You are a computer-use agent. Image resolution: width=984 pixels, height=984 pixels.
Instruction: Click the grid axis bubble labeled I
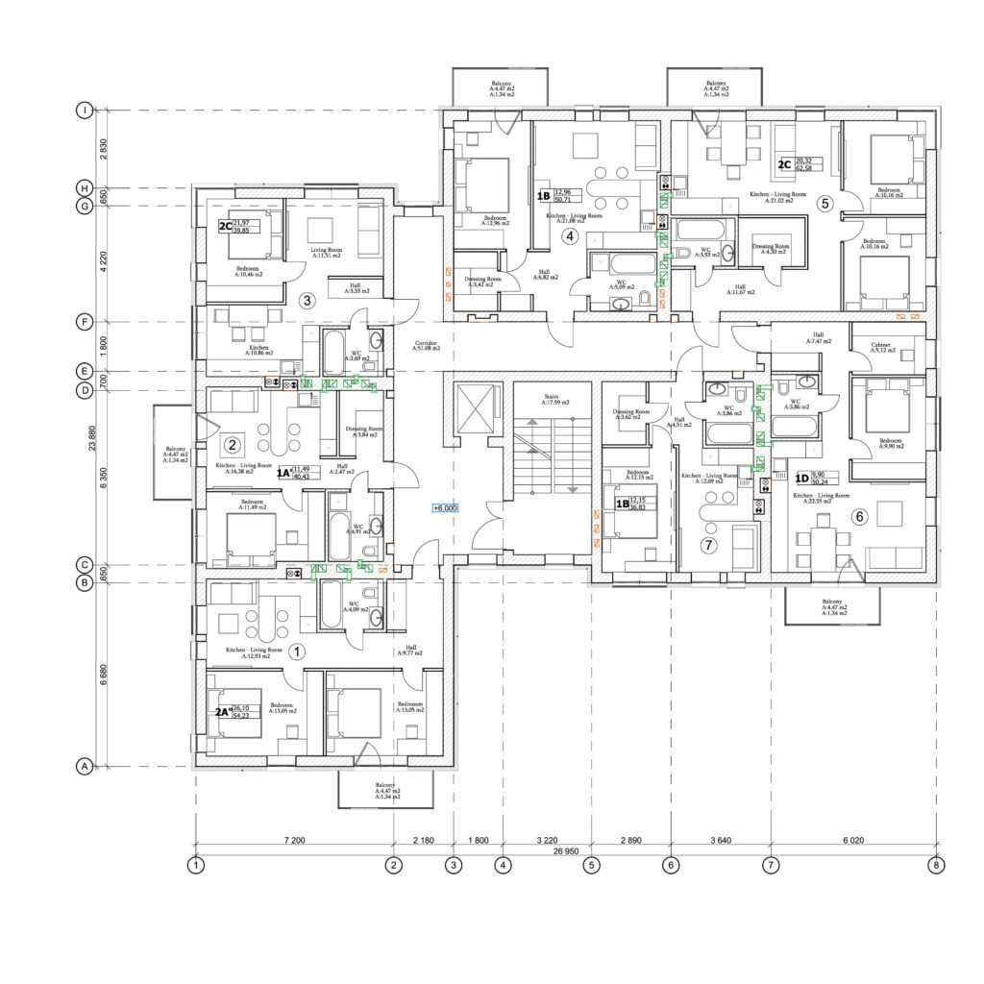click(x=85, y=111)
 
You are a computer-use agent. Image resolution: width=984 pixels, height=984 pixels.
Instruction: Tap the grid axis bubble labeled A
click(x=84, y=767)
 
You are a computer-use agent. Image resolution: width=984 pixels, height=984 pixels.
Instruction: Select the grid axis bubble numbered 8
click(x=937, y=865)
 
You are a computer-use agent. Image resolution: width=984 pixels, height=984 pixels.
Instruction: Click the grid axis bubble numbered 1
click(x=196, y=865)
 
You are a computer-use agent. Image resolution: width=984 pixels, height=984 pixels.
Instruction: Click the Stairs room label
click(x=552, y=400)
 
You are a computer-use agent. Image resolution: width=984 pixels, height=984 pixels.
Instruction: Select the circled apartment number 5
click(x=824, y=204)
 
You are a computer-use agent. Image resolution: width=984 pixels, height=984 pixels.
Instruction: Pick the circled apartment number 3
click(x=307, y=300)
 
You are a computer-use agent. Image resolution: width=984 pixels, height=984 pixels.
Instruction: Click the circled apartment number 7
click(x=709, y=546)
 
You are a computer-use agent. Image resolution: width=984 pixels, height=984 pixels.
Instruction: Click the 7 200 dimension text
click(x=294, y=841)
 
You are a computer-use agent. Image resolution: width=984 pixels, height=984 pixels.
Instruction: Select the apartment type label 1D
click(x=801, y=478)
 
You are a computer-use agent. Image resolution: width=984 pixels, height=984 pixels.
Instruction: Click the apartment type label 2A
click(x=221, y=712)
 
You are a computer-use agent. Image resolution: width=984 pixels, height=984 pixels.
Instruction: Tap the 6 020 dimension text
click(x=852, y=841)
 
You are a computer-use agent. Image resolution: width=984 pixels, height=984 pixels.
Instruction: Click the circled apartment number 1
click(x=297, y=651)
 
